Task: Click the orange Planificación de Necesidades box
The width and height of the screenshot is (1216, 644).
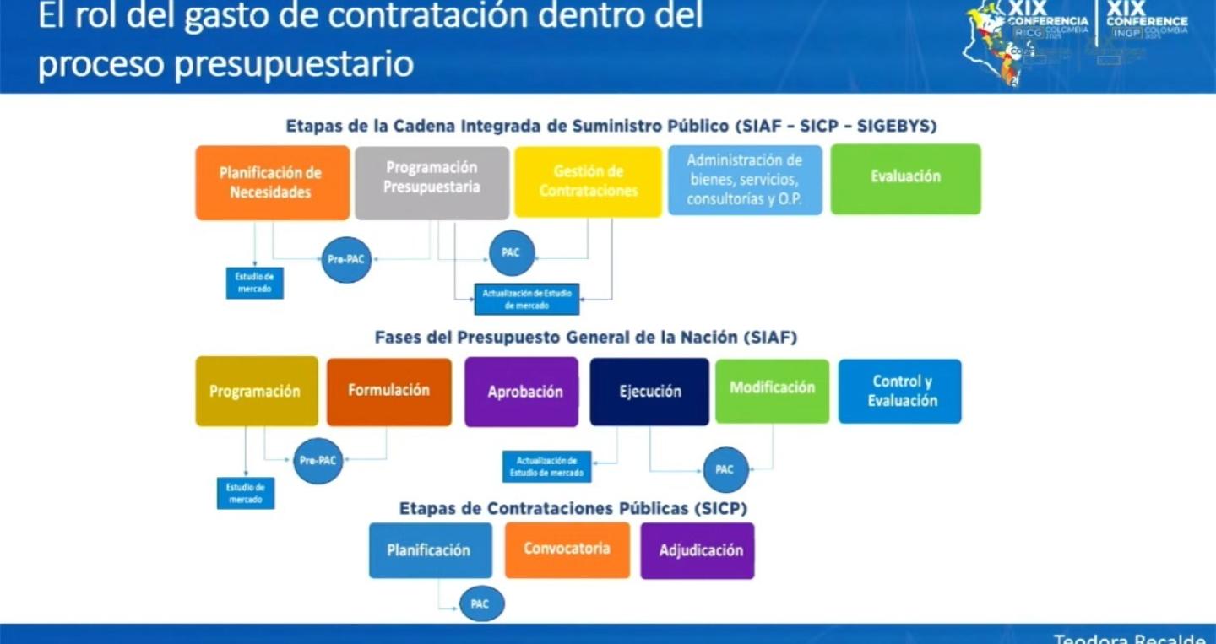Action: click(272, 182)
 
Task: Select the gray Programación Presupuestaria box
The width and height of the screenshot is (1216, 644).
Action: click(432, 182)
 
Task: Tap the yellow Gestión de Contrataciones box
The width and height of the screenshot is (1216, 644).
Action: click(589, 181)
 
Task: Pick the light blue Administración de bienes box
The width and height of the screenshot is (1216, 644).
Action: click(745, 181)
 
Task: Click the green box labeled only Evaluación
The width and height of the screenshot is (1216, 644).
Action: click(905, 178)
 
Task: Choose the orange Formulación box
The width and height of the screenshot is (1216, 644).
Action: click(388, 392)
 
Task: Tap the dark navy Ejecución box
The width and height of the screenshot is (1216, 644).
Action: click(649, 392)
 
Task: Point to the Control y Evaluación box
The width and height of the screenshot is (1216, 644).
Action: click(900, 391)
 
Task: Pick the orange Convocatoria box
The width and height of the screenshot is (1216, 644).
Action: click(567, 549)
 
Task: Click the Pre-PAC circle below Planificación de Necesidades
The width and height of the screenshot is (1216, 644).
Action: click(346, 259)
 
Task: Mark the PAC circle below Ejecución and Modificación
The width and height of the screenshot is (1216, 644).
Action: click(725, 469)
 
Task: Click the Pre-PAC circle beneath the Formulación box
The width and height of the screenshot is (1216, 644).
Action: click(318, 461)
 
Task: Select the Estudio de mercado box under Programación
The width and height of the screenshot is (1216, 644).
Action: click(246, 494)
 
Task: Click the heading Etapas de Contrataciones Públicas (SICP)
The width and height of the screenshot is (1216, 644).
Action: click(573, 509)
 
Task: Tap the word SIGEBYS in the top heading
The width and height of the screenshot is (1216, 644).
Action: click(897, 127)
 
